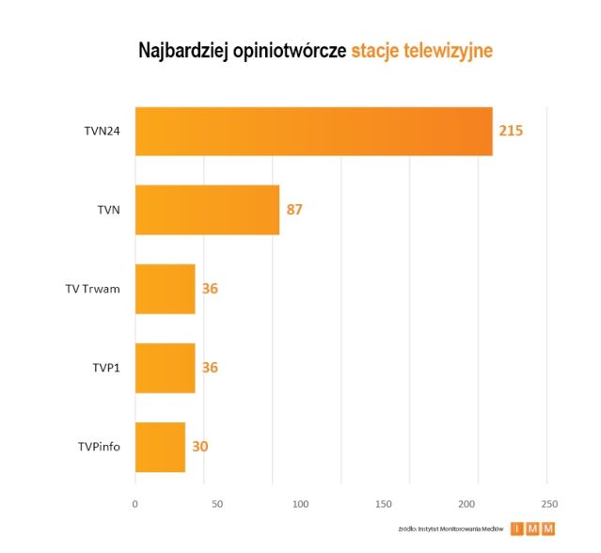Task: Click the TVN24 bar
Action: tap(313, 131)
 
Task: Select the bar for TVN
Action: tap(207, 210)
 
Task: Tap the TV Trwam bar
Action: tap(165, 289)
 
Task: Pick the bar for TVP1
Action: tap(165, 367)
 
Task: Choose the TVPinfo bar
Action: tap(160, 447)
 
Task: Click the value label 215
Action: tap(511, 131)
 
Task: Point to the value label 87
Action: tap(294, 210)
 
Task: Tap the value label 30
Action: tap(199, 447)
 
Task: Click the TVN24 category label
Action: tap(102, 131)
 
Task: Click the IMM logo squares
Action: tap(533, 529)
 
